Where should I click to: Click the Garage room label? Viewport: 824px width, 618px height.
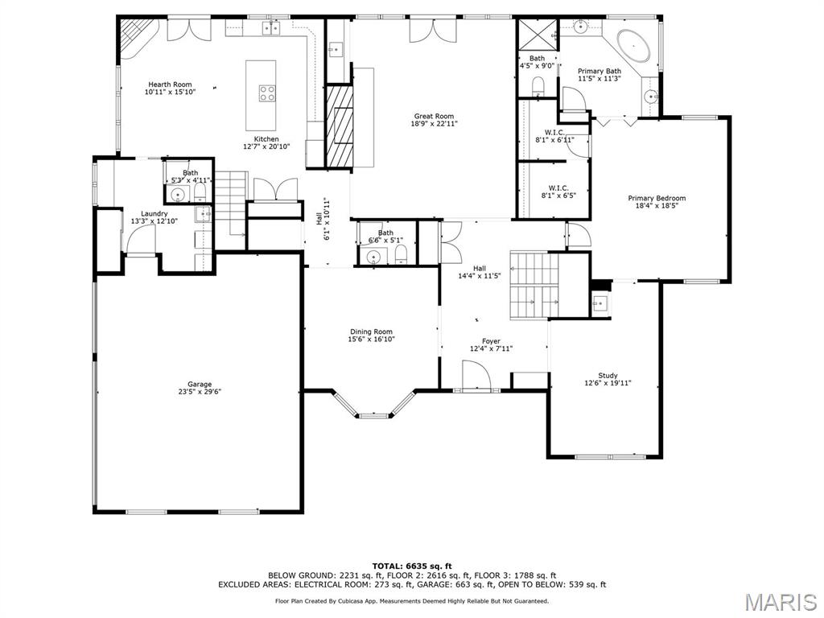click(x=195, y=384)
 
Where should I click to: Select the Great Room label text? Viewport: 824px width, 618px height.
click(x=434, y=116)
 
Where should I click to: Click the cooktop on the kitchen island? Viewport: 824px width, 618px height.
click(x=267, y=93)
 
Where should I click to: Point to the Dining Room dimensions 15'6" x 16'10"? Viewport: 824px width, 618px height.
click(x=371, y=340)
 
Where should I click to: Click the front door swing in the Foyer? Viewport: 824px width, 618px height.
click(x=476, y=376)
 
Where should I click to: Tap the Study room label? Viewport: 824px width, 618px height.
click(x=608, y=375)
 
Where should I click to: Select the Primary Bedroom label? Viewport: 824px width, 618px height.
click(x=657, y=198)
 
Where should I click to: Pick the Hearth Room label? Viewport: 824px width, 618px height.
click(x=170, y=84)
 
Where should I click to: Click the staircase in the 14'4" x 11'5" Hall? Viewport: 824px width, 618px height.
click(x=533, y=286)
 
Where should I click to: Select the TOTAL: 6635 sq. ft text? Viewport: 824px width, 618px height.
click(x=411, y=566)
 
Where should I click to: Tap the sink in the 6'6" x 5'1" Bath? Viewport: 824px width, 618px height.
click(x=373, y=257)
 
